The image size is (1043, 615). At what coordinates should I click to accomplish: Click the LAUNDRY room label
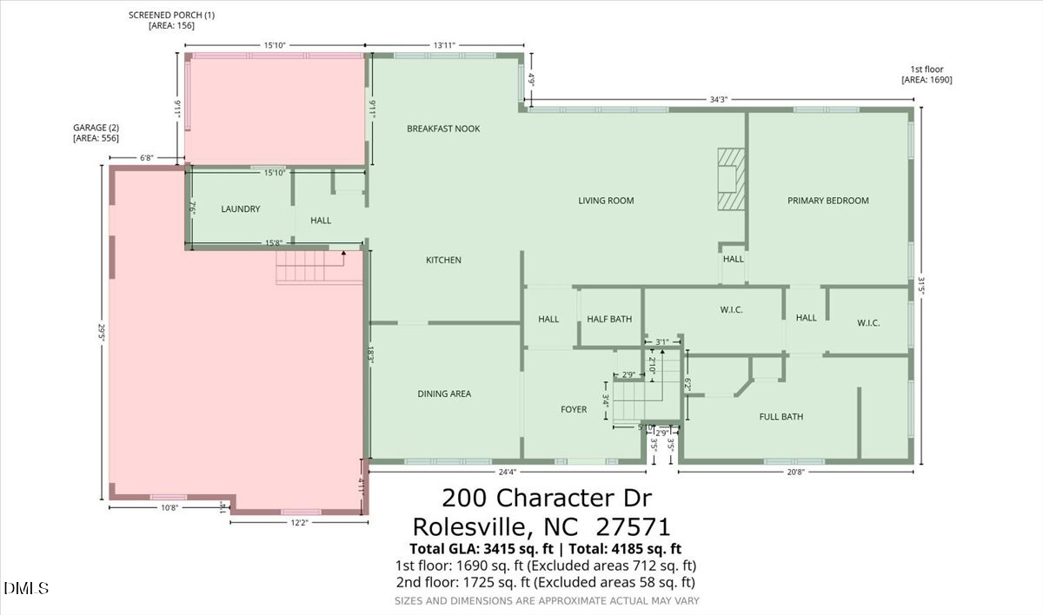click(241, 209)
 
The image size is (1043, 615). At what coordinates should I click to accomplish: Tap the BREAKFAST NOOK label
click(443, 129)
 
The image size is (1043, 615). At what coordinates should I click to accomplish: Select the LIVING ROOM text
click(606, 201)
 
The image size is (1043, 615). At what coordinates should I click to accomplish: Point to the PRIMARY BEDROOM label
click(827, 201)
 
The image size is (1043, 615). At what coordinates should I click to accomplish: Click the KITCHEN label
click(443, 261)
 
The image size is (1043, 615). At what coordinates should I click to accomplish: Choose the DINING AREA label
click(444, 394)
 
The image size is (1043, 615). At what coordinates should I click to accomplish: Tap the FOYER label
click(574, 410)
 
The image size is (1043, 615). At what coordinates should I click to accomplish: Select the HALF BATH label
click(609, 320)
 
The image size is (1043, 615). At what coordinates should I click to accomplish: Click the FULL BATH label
click(781, 417)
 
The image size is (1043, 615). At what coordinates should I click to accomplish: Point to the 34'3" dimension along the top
click(718, 100)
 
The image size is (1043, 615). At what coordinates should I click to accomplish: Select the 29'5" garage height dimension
click(102, 334)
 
